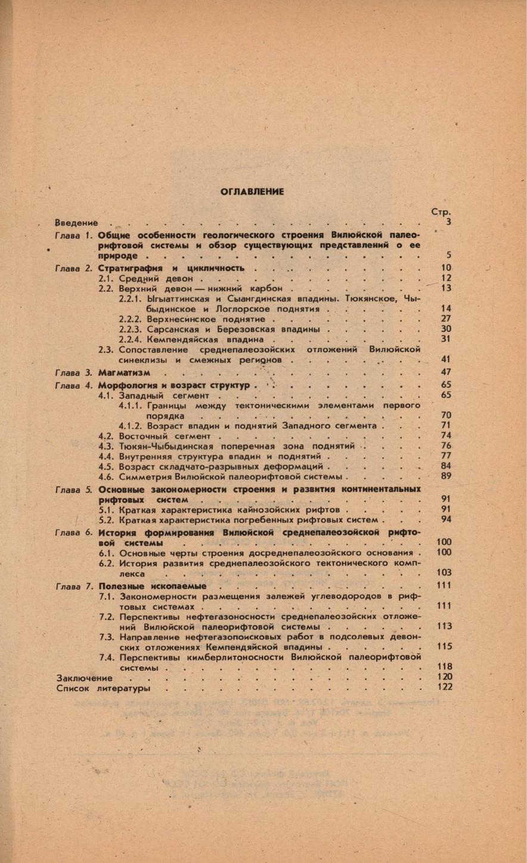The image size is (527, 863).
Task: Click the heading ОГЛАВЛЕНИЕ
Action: click(x=252, y=192)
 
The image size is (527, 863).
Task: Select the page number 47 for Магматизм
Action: click(x=445, y=372)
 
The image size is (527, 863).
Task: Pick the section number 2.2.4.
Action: click(x=129, y=339)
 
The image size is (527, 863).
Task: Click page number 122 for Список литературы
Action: click(x=444, y=687)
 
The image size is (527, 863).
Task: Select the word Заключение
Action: click(x=84, y=678)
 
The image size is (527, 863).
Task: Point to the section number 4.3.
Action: click(x=106, y=446)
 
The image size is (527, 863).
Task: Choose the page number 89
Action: click(x=445, y=476)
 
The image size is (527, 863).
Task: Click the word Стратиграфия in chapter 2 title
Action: click(x=128, y=269)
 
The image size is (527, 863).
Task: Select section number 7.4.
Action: click(x=107, y=657)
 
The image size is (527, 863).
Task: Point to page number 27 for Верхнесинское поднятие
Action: click(x=445, y=319)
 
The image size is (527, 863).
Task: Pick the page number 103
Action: click(x=444, y=572)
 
